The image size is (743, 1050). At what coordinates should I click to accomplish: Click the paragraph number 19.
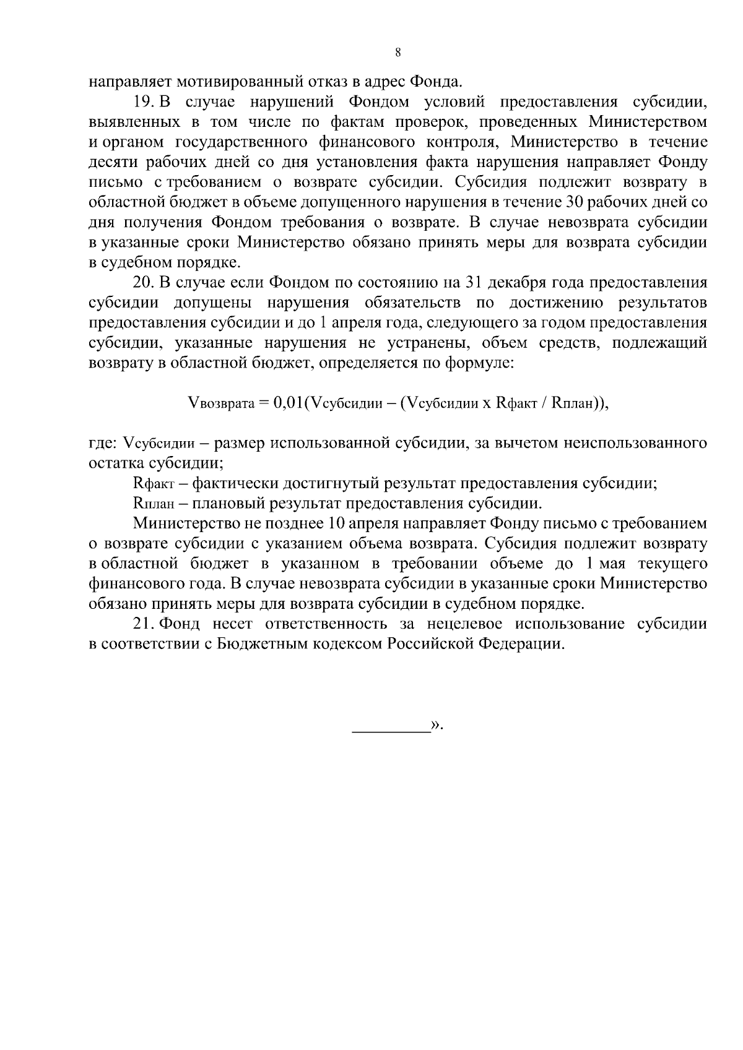(144, 101)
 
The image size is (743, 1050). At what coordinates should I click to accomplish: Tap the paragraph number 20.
(144, 283)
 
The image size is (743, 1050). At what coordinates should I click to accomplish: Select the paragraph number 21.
(144, 624)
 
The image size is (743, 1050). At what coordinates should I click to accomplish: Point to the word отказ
(347, 81)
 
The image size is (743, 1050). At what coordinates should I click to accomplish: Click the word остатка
(115, 463)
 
